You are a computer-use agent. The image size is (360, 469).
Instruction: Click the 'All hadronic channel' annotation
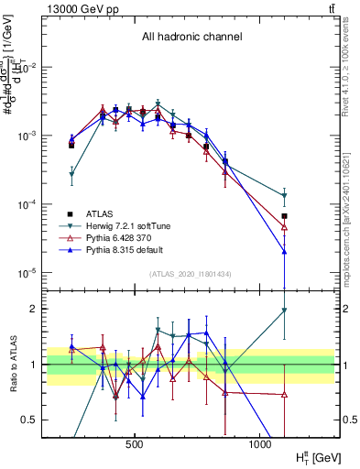point(191,38)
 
